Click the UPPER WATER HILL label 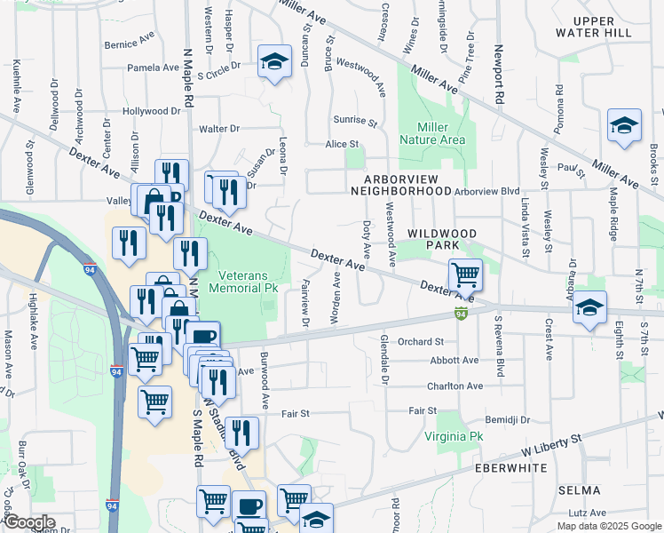(x=605, y=26)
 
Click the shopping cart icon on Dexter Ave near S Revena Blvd (x=464, y=274)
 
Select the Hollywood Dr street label (x=152, y=111)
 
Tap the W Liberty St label (x=552, y=440)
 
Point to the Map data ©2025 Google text (x=609, y=526)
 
